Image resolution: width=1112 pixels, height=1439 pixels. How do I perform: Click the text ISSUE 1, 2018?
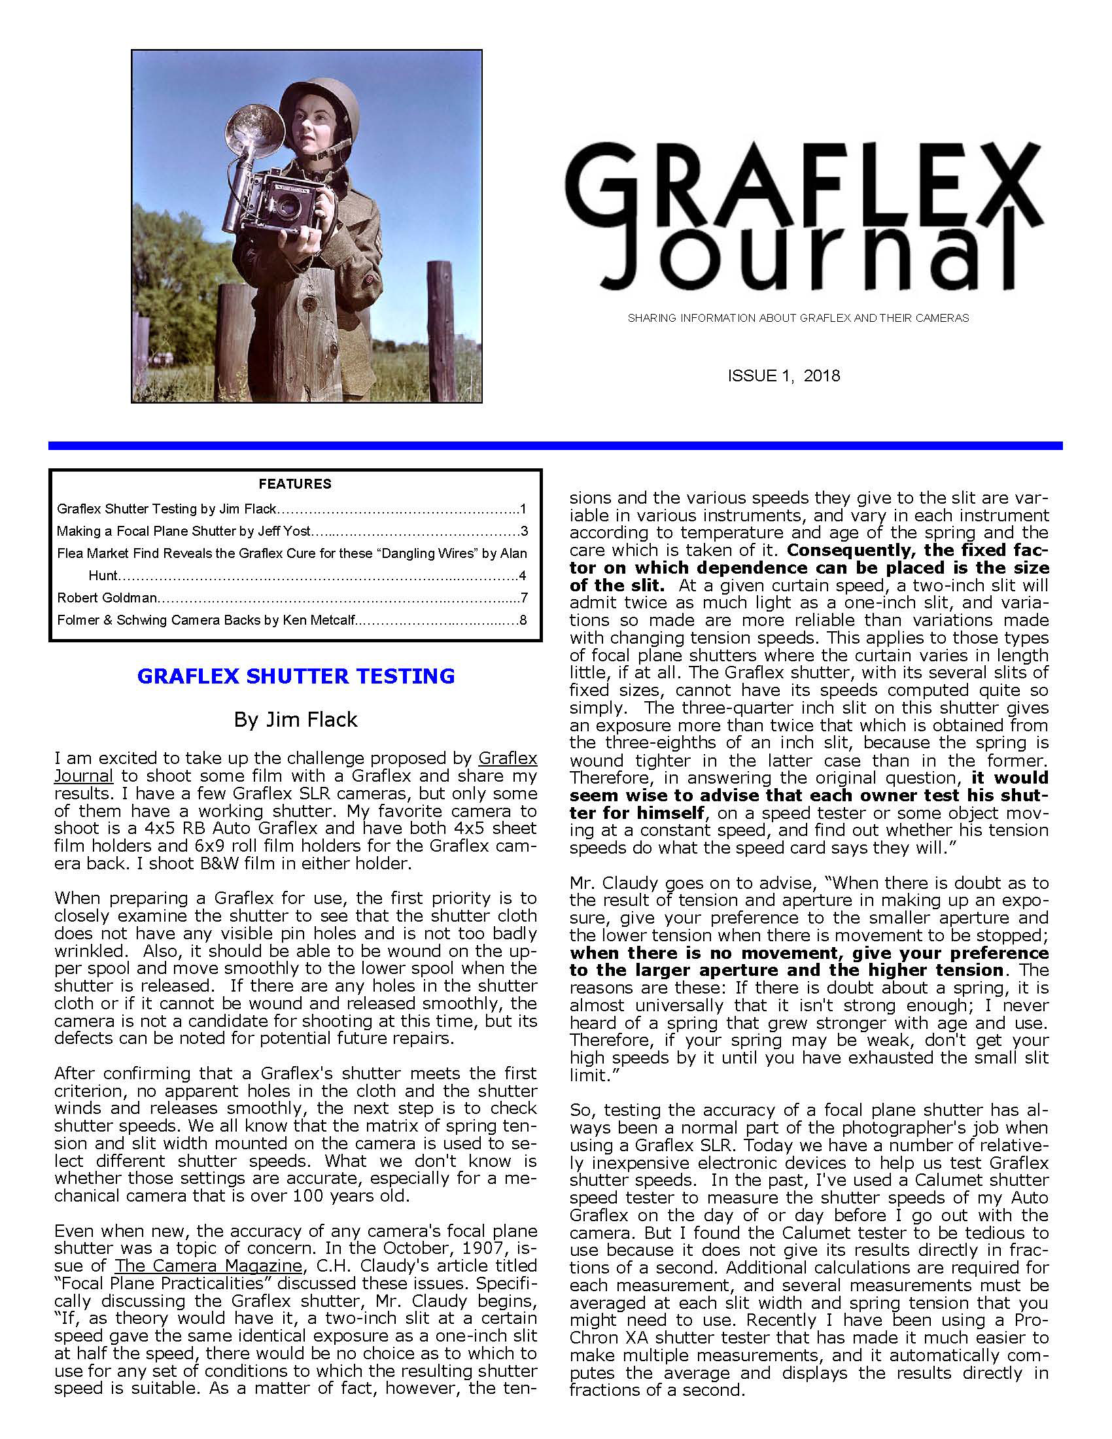tap(783, 376)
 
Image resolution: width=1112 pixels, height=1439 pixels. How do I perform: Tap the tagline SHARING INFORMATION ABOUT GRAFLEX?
tap(798, 319)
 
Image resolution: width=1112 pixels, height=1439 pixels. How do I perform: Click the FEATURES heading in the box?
tap(294, 484)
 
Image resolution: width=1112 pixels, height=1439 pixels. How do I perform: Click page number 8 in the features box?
tap(523, 620)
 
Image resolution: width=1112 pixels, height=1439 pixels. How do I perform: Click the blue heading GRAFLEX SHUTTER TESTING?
tap(296, 677)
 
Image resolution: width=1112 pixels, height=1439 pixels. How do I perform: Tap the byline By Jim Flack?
tap(295, 719)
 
